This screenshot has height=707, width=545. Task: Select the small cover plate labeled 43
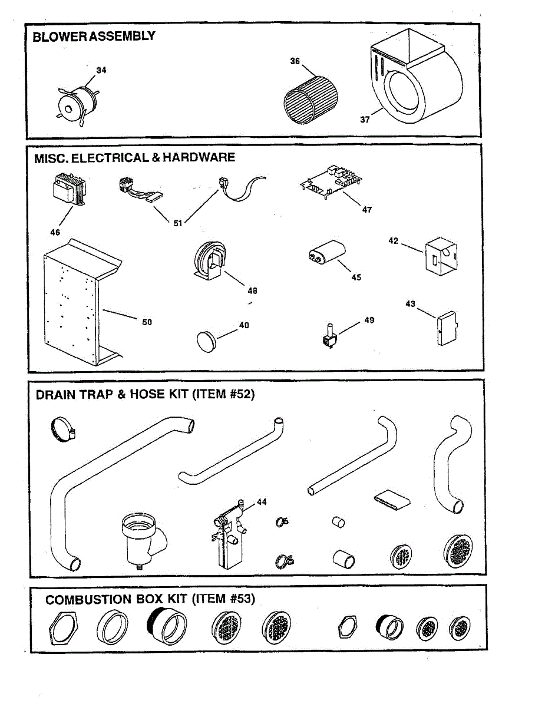447,328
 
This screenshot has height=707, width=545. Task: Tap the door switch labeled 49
327,336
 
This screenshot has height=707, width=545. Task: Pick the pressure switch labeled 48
209,261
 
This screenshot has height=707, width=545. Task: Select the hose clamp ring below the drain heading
62,430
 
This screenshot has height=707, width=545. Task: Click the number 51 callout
178,223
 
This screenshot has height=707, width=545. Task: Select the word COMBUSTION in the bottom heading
88,600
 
